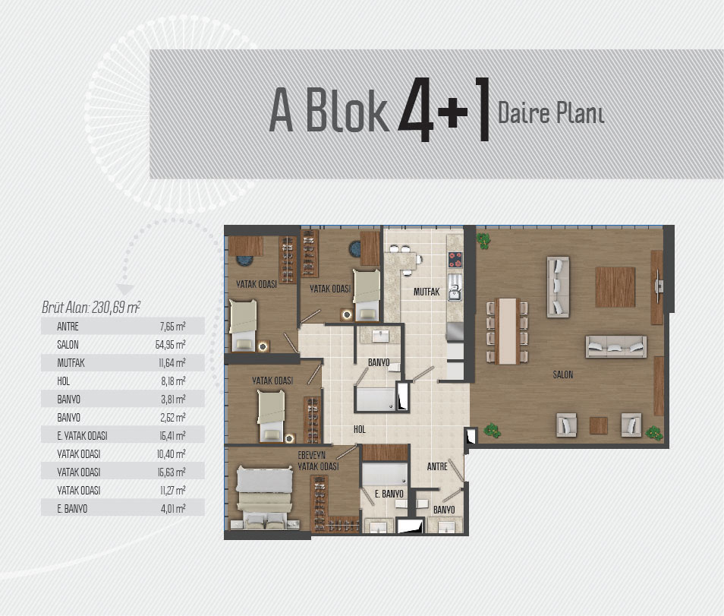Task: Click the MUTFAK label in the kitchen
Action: [427, 292]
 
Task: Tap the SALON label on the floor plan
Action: [563, 374]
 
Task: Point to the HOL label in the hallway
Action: [360, 429]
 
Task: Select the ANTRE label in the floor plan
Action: [437, 466]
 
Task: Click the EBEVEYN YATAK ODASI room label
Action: [318, 461]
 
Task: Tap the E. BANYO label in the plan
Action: [389, 494]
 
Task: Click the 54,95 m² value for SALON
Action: [171, 344]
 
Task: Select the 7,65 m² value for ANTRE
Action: [173, 327]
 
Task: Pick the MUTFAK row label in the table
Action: [71, 363]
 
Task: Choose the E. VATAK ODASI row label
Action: [82, 436]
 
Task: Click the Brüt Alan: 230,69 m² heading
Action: [91, 308]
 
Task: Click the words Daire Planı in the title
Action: [551, 112]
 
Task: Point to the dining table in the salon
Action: [507, 331]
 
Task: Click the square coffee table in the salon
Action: [615, 287]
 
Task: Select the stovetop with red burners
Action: [455, 259]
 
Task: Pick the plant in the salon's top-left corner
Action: [483, 240]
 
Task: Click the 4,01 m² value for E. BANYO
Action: [173, 509]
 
